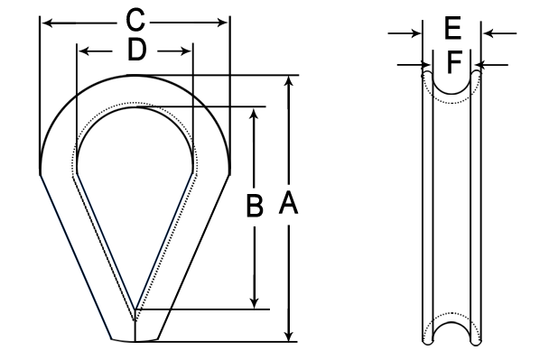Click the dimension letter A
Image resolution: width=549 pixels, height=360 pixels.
[289, 203]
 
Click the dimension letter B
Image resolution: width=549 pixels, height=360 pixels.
[255, 206]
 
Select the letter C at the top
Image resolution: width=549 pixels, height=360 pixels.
[135, 20]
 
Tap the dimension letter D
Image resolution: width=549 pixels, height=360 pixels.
[136, 50]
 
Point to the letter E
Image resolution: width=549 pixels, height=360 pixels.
[452, 28]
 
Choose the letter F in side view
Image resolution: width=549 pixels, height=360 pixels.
[455, 61]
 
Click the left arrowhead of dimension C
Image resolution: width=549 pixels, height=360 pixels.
[47, 23]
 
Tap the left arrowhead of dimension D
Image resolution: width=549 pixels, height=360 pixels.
[84, 51]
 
